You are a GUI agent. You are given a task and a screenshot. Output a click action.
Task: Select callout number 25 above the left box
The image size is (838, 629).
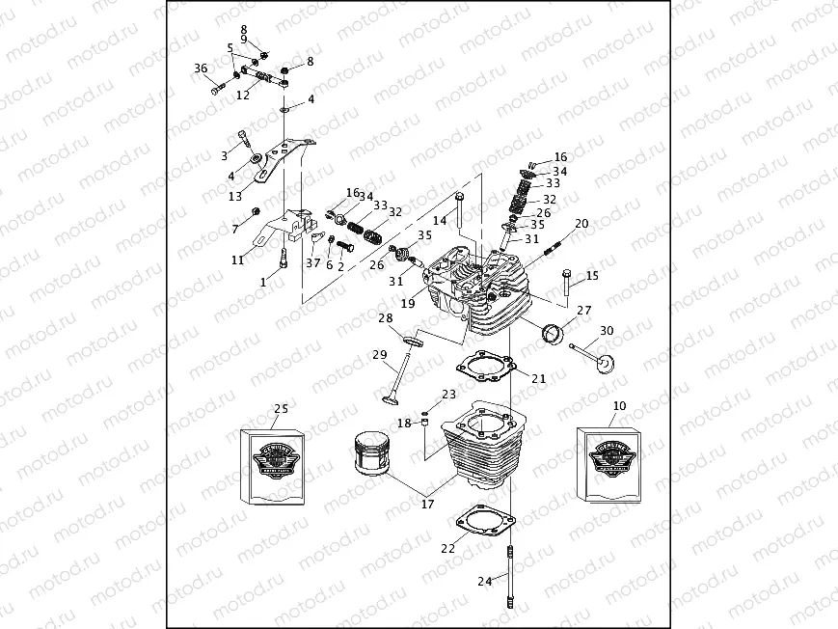tap(280, 409)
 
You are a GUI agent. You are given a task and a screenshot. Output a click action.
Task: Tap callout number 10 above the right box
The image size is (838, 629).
tap(619, 407)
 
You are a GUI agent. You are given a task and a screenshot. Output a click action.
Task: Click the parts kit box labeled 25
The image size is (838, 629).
tap(275, 465)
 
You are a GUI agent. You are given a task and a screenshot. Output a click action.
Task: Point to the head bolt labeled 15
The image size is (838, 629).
tap(566, 283)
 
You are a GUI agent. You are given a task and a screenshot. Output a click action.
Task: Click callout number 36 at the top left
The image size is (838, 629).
tap(201, 68)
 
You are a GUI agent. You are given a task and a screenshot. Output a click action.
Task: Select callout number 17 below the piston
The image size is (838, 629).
tap(426, 503)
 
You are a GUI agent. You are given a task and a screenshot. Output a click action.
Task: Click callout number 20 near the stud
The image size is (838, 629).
tap(581, 224)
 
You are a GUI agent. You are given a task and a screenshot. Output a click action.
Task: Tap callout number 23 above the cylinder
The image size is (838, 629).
tap(448, 395)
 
